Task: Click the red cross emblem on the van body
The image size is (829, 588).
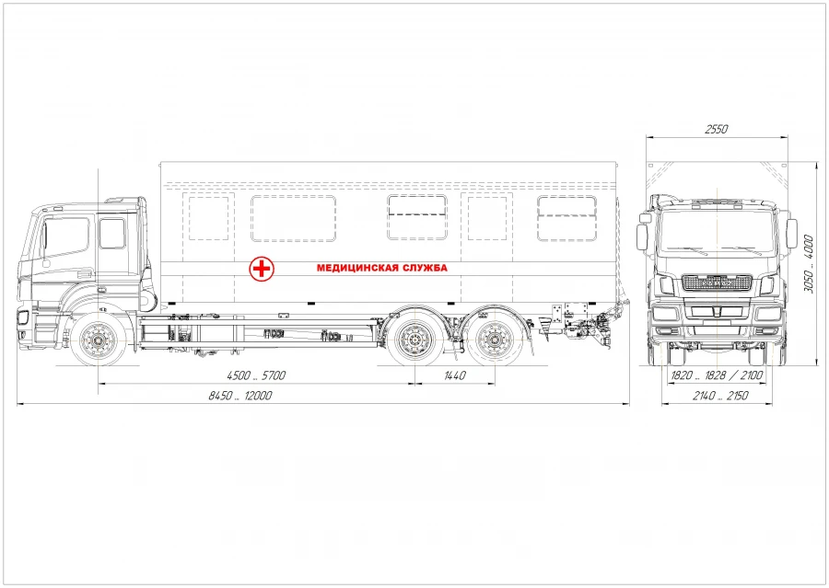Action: (263, 269)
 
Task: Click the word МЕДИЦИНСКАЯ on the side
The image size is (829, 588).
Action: (355, 269)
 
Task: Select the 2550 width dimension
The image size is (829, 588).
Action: (717, 130)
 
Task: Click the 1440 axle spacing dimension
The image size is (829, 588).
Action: (455, 375)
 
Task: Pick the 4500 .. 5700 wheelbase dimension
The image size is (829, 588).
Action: (258, 375)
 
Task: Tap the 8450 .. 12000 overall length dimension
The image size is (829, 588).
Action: (241, 396)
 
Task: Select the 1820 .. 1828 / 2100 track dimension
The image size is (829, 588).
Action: (717, 375)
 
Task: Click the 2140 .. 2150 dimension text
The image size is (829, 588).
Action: (718, 396)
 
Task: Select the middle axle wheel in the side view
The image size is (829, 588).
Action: (414, 342)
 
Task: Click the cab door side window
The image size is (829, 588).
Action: (111, 234)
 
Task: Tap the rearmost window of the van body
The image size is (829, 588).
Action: (566, 218)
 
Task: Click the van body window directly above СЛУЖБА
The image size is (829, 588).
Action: (416, 218)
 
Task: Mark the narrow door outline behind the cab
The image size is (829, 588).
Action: (208, 219)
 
